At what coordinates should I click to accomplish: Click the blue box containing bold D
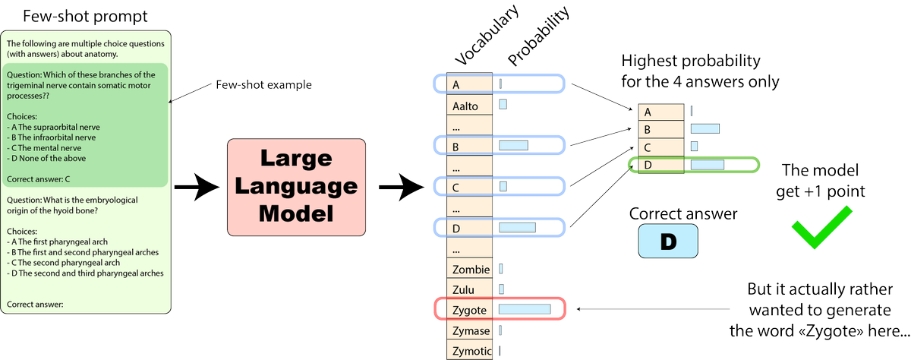[667, 242]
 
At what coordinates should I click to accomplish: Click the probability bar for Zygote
[524, 309]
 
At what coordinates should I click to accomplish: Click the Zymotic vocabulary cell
[471, 350]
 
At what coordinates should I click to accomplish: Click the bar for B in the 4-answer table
[705, 129]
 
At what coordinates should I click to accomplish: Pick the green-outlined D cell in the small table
[648, 164]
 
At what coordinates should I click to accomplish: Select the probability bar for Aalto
[503, 104]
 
